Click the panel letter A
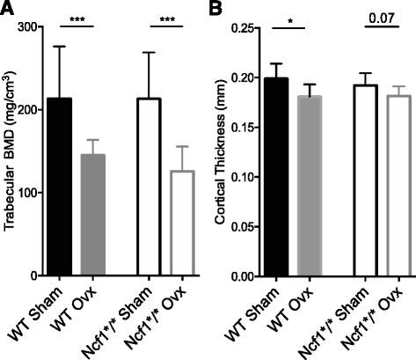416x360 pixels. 8,11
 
